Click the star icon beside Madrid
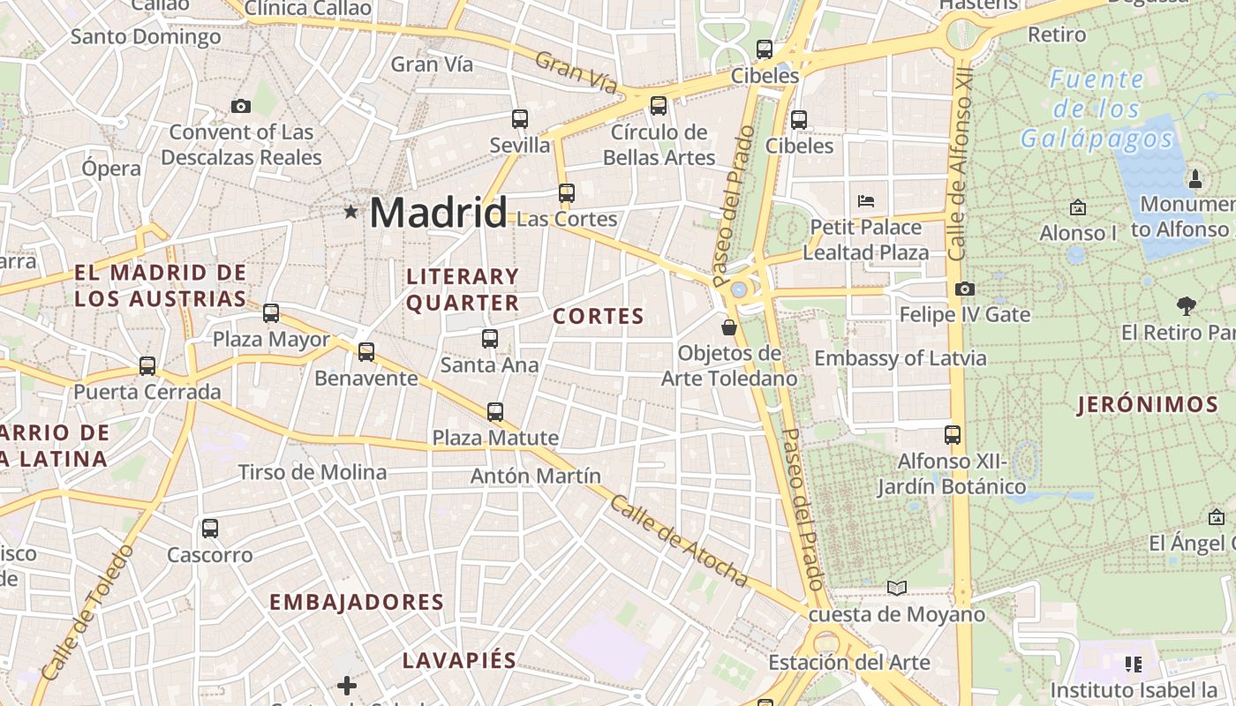click(351, 212)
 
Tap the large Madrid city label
click(438, 213)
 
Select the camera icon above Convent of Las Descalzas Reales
click(240, 107)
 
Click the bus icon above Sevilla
click(520, 118)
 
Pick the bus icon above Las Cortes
click(566, 192)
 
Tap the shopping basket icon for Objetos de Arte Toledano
click(729, 327)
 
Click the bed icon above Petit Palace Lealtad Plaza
click(866, 201)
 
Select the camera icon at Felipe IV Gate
click(964, 289)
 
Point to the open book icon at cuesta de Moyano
click(897, 588)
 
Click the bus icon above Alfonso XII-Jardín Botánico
click(952, 434)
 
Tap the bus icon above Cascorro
click(209, 529)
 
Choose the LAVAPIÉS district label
click(459, 660)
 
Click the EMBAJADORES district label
click(357, 602)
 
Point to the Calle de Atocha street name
click(679, 540)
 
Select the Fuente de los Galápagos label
click(1097, 109)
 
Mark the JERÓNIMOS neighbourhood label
click(1148, 405)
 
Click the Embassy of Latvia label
click(900, 358)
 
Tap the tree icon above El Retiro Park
click(1187, 306)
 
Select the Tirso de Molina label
click(313, 472)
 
